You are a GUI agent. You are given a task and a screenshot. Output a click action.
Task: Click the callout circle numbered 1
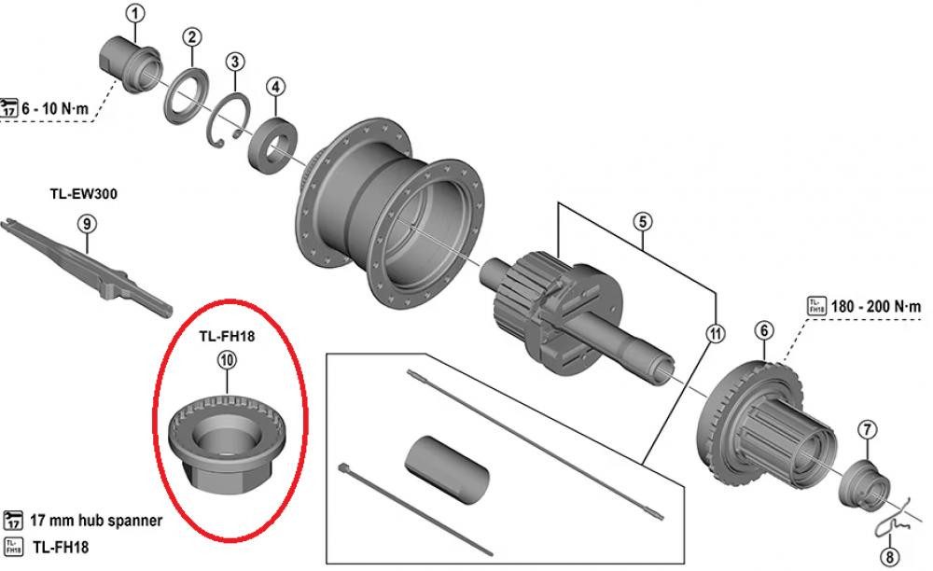click(x=136, y=14)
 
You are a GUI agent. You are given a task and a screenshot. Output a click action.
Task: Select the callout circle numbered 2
click(x=191, y=38)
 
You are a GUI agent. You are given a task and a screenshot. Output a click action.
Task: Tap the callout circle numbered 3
click(x=235, y=63)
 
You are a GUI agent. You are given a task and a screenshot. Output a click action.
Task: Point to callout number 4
click(x=275, y=87)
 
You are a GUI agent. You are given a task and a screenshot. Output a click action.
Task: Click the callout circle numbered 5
click(x=643, y=222)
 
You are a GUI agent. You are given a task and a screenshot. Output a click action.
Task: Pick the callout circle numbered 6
click(x=763, y=330)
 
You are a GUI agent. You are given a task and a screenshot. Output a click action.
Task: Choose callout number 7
click(x=867, y=430)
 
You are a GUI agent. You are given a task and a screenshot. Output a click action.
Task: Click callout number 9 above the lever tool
click(x=86, y=224)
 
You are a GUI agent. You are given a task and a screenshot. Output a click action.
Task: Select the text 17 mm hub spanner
click(x=96, y=521)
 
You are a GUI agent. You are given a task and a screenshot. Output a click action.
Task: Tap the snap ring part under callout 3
click(x=229, y=121)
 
